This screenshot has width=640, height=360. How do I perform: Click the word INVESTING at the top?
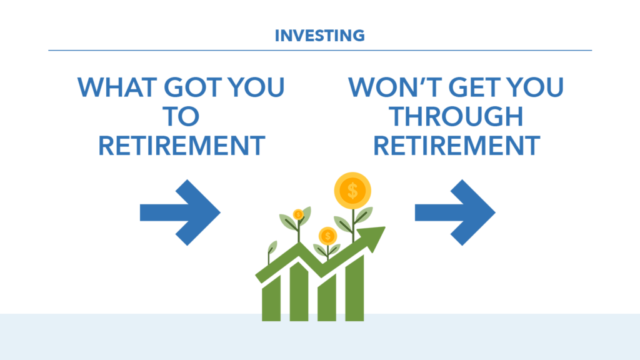[x=319, y=36]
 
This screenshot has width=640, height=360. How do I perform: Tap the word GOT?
[x=192, y=87]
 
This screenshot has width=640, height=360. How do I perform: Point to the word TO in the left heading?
[x=181, y=116]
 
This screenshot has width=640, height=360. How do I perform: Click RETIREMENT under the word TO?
[x=182, y=146]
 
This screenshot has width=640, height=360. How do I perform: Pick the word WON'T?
[x=395, y=87]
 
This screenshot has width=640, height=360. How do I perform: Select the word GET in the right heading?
[x=475, y=87]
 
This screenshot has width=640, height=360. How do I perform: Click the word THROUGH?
[x=456, y=116]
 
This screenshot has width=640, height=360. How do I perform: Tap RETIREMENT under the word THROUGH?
[x=457, y=146]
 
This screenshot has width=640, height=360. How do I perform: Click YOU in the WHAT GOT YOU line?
[x=256, y=87]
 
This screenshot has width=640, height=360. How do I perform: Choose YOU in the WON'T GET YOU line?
[x=536, y=87]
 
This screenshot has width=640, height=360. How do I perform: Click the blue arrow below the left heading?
[x=180, y=212]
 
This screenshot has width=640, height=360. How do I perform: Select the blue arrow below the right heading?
[x=455, y=212]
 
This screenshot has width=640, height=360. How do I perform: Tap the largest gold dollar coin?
[x=352, y=191]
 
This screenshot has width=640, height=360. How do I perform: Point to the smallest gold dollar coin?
[x=298, y=215]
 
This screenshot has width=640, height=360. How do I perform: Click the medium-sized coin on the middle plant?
[x=327, y=236]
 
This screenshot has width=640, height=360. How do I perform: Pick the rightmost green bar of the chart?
[x=354, y=288]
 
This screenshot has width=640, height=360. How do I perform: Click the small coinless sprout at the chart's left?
[x=270, y=252]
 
